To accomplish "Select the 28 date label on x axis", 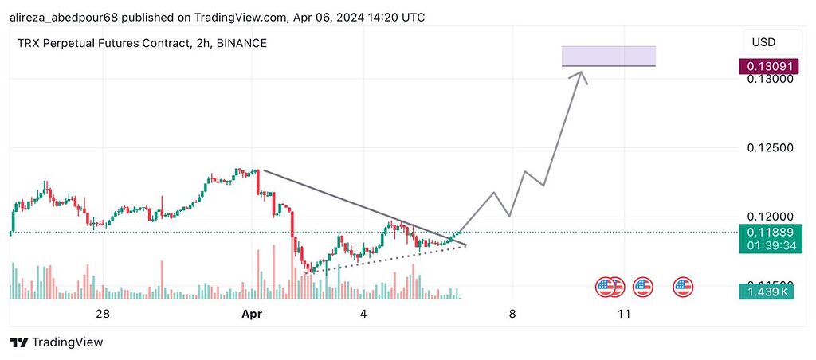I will point(102,315).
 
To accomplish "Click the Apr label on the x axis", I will point(252,315).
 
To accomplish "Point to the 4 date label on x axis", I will point(363,315).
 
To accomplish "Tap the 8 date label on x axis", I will point(512,315).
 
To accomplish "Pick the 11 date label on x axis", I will point(624,315).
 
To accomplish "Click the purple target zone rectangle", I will point(609,56).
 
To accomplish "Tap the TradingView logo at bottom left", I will point(57,342).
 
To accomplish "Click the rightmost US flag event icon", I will point(683,288).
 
